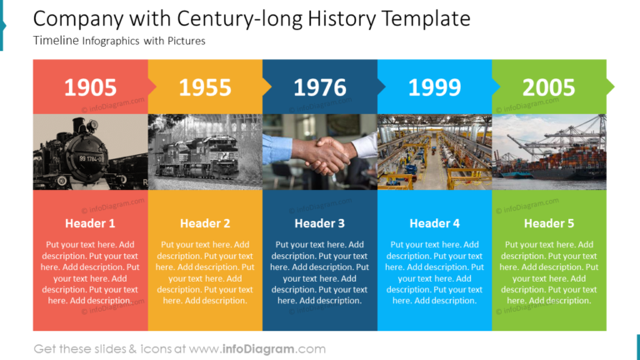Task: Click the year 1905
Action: click(90, 87)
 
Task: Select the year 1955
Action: click(205, 87)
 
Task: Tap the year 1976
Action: click(320, 87)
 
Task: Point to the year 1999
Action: click(434, 87)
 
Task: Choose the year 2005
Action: click(548, 87)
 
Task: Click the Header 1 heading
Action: click(90, 223)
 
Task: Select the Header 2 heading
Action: click(205, 223)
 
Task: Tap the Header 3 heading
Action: click(320, 223)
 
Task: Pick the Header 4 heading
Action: click(434, 223)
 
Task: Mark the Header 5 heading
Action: click(548, 223)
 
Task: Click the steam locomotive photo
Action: click(90, 152)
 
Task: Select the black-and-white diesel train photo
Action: click(205, 152)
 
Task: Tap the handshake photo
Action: click(320, 152)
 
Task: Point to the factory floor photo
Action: click(434, 152)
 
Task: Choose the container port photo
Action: click(548, 152)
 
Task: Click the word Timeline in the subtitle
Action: click(56, 40)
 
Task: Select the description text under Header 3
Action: click(320, 272)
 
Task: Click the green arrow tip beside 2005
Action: click(610, 86)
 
